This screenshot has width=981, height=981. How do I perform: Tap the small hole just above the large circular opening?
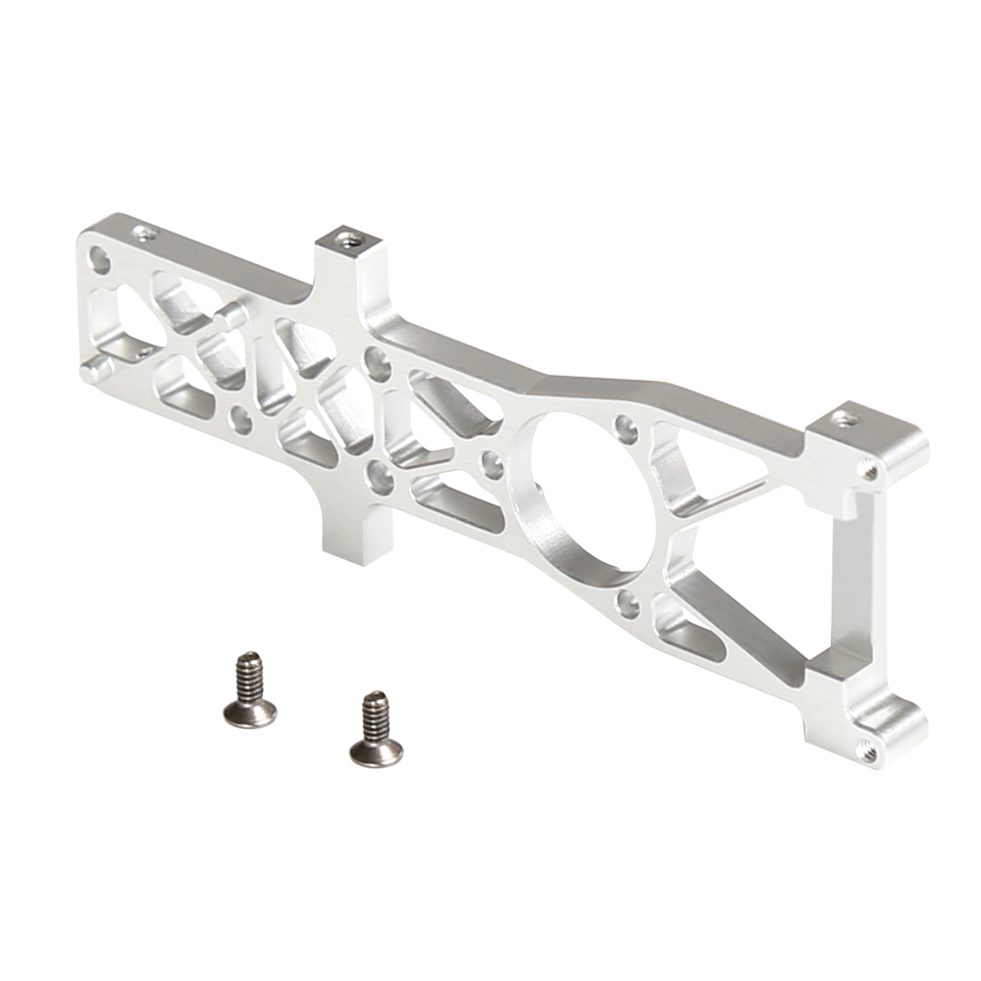click(x=621, y=427)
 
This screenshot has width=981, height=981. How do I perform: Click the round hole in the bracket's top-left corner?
click(x=98, y=259)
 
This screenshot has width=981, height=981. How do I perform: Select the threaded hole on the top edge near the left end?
click(x=145, y=233)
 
